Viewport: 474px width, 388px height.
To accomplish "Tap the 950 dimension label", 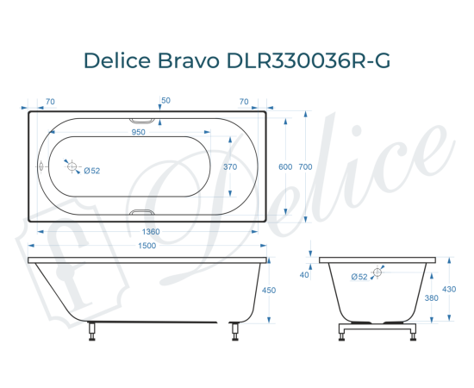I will (x=138, y=133).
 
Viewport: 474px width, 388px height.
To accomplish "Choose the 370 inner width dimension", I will (x=230, y=166).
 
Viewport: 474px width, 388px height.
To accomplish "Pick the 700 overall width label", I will (x=305, y=167).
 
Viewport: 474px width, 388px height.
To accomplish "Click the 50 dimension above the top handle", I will (x=165, y=101).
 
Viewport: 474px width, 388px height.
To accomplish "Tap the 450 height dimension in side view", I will (x=268, y=291).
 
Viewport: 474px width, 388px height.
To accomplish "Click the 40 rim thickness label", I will (x=304, y=275).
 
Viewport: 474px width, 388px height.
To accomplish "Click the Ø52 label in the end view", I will (x=359, y=277).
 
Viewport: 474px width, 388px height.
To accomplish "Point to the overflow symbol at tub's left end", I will (x=41, y=166).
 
